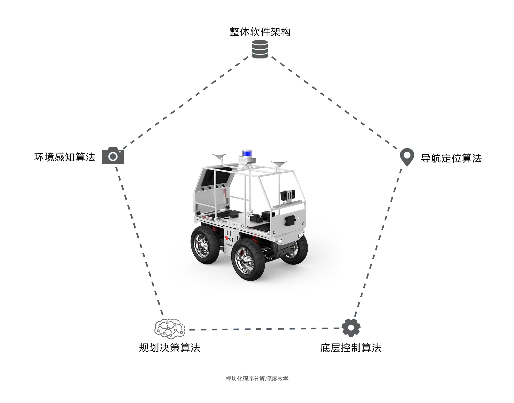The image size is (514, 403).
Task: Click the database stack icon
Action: pyautogui.click(x=260, y=49)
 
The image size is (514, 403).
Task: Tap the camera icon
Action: pyautogui.click(x=113, y=156)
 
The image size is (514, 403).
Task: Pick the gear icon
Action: pyautogui.click(x=351, y=328)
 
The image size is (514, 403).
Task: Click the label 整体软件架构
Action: pyautogui.click(x=260, y=32)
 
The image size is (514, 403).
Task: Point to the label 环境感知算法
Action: pyautogui.click(x=65, y=157)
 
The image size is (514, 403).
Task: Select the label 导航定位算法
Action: pyautogui.click(x=451, y=158)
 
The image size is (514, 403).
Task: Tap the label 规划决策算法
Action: pyautogui.click(x=170, y=348)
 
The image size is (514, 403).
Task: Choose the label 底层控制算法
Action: pyautogui.click(x=351, y=348)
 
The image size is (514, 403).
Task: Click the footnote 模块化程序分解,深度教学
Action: pyautogui.click(x=257, y=379)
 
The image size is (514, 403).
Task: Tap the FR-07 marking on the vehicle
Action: pyautogui.click(x=229, y=239)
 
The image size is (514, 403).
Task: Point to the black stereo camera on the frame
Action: pyautogui.click(x=288, y=195)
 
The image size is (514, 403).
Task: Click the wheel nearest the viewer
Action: pyautogui.click(x=248, y=259)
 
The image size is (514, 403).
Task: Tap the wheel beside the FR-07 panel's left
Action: pyautogui.click(x=205, y=245)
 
